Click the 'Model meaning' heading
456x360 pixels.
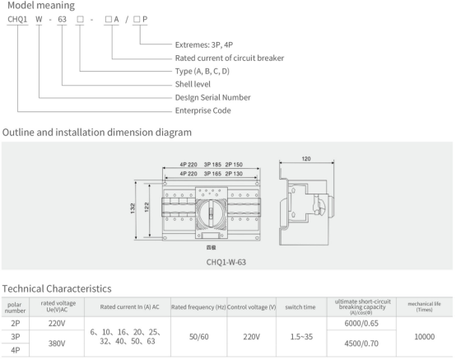point(41,6)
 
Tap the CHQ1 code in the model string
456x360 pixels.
point(17,19)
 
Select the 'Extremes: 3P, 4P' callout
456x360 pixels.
point(204,44)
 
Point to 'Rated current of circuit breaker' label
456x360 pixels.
point(230,58)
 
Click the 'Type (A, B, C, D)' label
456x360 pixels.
point(202,72)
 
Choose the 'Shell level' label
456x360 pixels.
point(193,84)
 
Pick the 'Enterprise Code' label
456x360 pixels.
point(203,110)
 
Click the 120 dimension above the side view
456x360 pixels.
point(306,159)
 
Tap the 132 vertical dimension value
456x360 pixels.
point(133,208)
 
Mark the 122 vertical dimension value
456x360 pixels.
point(147,207)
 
